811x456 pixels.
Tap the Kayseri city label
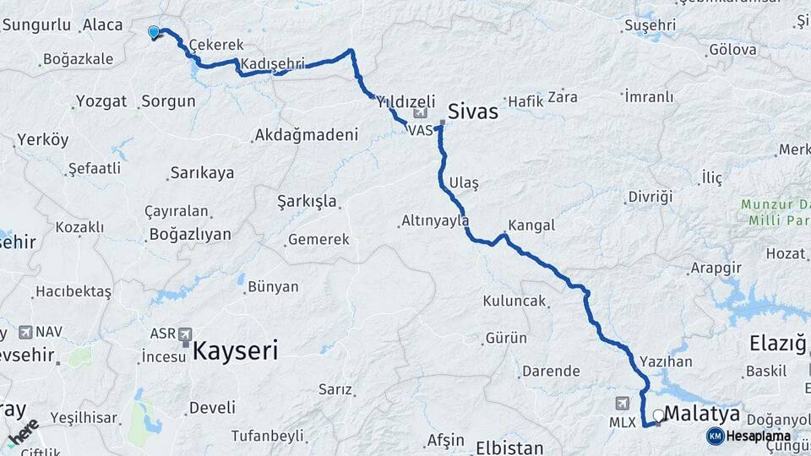tap(235, 350)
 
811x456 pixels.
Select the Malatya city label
tap(703, 414)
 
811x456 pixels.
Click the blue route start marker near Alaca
tap(154, 32)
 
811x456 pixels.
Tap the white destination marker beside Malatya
tap(658, 415)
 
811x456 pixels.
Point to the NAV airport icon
tap(24, 333)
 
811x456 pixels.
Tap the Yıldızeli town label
tap(405, 101)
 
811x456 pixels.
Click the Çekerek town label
tap(216, 45)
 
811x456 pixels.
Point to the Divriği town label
tap(650, 197)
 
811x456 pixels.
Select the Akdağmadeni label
tap(306, 134)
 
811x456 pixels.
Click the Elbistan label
tap(507, 446)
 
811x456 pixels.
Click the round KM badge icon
tap(715, 436)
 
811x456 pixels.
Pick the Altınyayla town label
tap(434, 221)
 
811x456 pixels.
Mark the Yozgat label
tap(101, 101)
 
